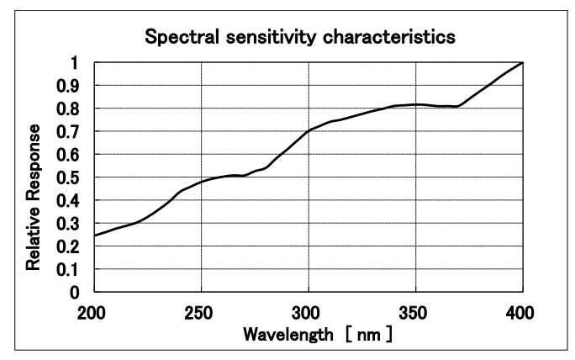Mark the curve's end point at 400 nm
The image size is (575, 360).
click(522, 63)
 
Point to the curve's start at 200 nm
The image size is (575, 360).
click(94, 236)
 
